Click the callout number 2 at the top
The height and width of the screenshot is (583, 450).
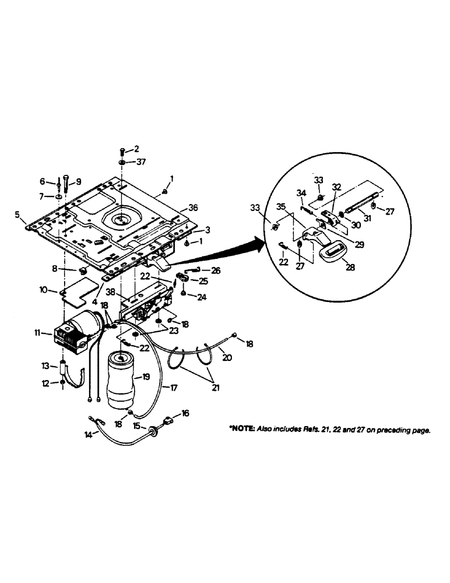coord(136,150)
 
